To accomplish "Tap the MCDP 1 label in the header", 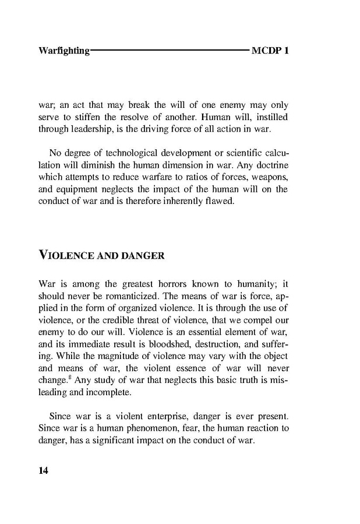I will tap(270, 51).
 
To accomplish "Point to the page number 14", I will tap(43, 471).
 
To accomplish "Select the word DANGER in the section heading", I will tap(143, 256).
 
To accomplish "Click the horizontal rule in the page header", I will tap(170, 51).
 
